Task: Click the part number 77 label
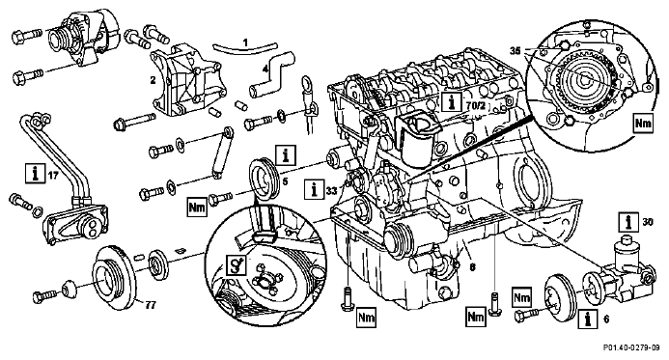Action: click(x=151, y=305)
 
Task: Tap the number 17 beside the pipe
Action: click(x=52, y=175)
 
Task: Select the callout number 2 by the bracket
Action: click(x=153, y=80)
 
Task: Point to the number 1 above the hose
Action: click(x=245, y=42)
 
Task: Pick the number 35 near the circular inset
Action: click(x=516, y=50)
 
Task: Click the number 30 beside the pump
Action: click(x=648, y=222)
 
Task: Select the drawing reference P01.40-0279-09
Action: click(x=631, y=348)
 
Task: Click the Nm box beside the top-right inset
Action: click(x=643, y=124)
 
